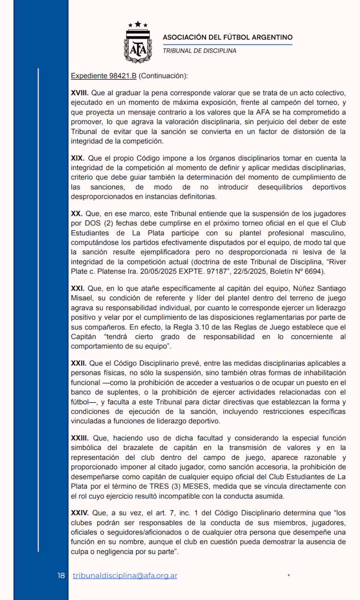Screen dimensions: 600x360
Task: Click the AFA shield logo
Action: [x=138, y=42]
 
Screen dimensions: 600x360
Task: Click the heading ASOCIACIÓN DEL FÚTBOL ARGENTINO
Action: [x=228, y=37]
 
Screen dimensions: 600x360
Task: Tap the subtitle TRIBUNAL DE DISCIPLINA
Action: [x=199, y=51]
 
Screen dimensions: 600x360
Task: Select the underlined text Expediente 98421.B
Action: [x=103, y=76]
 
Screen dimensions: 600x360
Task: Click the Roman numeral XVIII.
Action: [x=79, y=93]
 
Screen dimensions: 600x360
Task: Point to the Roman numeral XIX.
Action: [x=77, y=158]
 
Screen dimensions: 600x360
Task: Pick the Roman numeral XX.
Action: [x=76, y=214]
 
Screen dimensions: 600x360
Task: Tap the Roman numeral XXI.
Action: [x=77, y=289]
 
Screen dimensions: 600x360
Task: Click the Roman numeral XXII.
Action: [x=78, y=364]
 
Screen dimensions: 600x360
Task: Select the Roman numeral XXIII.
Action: [x=79, y=438]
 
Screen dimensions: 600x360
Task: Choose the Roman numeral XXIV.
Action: [x=79, y=513]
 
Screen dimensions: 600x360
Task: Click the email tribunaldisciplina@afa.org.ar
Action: [x=125, y=576]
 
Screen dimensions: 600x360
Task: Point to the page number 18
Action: [x=61, y=576]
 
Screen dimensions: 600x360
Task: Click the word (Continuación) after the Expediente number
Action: [x=163, y=76]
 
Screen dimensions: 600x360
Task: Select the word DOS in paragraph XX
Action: [x=93, y=223]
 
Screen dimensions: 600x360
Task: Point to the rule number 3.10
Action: [x=202, y=327]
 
